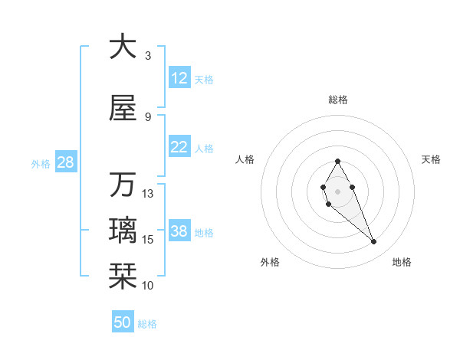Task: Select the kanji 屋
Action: tap(122, 108)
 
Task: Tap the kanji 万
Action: tap(122, 185)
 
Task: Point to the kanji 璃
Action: tap(122, 231)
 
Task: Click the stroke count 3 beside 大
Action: tap(148, 56)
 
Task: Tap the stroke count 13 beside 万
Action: tap(148, 194)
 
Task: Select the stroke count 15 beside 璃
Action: tap(148, 240)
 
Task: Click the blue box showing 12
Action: tap(179, 78)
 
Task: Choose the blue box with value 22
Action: tap(179, 148)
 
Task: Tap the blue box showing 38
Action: tap(179, 232)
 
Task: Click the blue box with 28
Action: tap(65, 163)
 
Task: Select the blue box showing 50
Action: tap(123, 323)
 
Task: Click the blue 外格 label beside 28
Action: tap(41, 164)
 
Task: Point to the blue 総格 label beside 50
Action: tap(148, 324)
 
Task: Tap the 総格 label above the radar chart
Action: tap(337, 100)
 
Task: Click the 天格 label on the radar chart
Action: tap(431, 159)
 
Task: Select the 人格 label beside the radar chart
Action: tap(245, 159)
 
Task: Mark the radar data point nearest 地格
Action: tap(373, 242)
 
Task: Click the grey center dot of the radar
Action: tap(337, 190)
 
